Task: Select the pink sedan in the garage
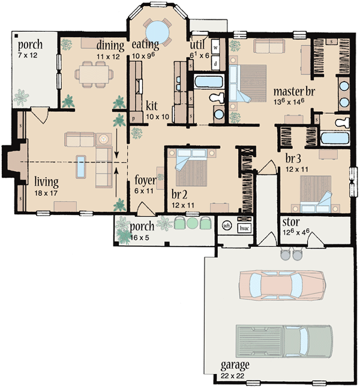click(x=281, y=283)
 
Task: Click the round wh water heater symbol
click(x=227, y=226)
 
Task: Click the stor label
click(x=290, y=224)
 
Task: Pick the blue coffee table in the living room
click(x=80, y=166)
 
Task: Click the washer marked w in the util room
click(x=215, y=46)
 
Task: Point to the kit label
click(x=151, y=106)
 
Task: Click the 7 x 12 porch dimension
click(x=27, y=55)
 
